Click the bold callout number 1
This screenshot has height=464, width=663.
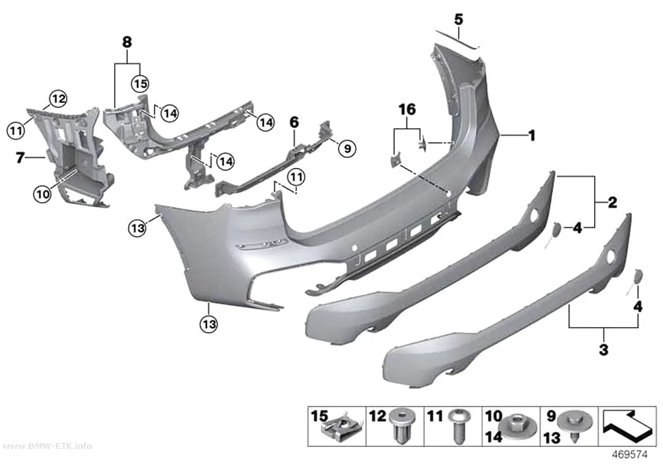(x=532, y=136)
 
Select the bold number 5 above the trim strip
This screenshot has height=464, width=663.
(x=459, y=20)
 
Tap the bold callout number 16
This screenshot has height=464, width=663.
(x=407, y=109)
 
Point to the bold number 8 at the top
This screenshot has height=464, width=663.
(x=127, y=42)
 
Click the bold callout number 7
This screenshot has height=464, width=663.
(x=20, y=158)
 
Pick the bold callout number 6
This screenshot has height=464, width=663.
(x=294, y=122)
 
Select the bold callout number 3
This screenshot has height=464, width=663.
(x=604, y=350)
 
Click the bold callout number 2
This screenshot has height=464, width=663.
(x=612, y=203)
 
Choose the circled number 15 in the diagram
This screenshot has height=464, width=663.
(x=140, y=83)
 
